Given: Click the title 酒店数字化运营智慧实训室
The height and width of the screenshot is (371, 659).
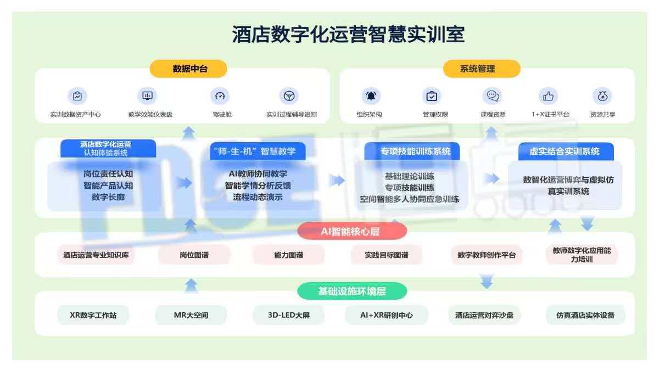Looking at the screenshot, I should coord(348,34).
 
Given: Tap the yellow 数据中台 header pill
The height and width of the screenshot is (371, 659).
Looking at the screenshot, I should coord(188,69).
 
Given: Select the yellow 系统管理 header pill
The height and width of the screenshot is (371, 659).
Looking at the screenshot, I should coord(482,69).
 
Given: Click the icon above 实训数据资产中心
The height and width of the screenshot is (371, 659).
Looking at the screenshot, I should coord(77,96).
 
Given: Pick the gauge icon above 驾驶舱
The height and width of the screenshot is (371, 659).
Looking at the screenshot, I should coord(220,96).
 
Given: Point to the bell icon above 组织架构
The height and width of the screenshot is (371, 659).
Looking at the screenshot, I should coord(371,96).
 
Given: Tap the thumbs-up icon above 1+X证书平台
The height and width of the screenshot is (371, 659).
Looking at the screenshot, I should coord(548,96).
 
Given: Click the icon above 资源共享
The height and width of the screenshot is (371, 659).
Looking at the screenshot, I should coord(602,96).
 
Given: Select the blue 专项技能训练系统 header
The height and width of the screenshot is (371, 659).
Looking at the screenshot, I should coord(412,151).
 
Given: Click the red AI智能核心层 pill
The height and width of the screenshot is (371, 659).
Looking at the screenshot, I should coord(352,231).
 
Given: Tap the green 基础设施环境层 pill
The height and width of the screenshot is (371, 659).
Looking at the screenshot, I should coord(352,291).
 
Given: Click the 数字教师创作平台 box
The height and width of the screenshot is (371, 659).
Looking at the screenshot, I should coord(487,255).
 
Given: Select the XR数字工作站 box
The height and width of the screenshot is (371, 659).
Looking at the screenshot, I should coord(93,315).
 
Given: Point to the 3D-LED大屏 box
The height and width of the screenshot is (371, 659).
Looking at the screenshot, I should coord(289,315).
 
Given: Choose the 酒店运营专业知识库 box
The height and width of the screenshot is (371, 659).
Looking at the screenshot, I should coord(96,255).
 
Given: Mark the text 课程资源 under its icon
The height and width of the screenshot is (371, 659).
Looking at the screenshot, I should coord(493,115).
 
